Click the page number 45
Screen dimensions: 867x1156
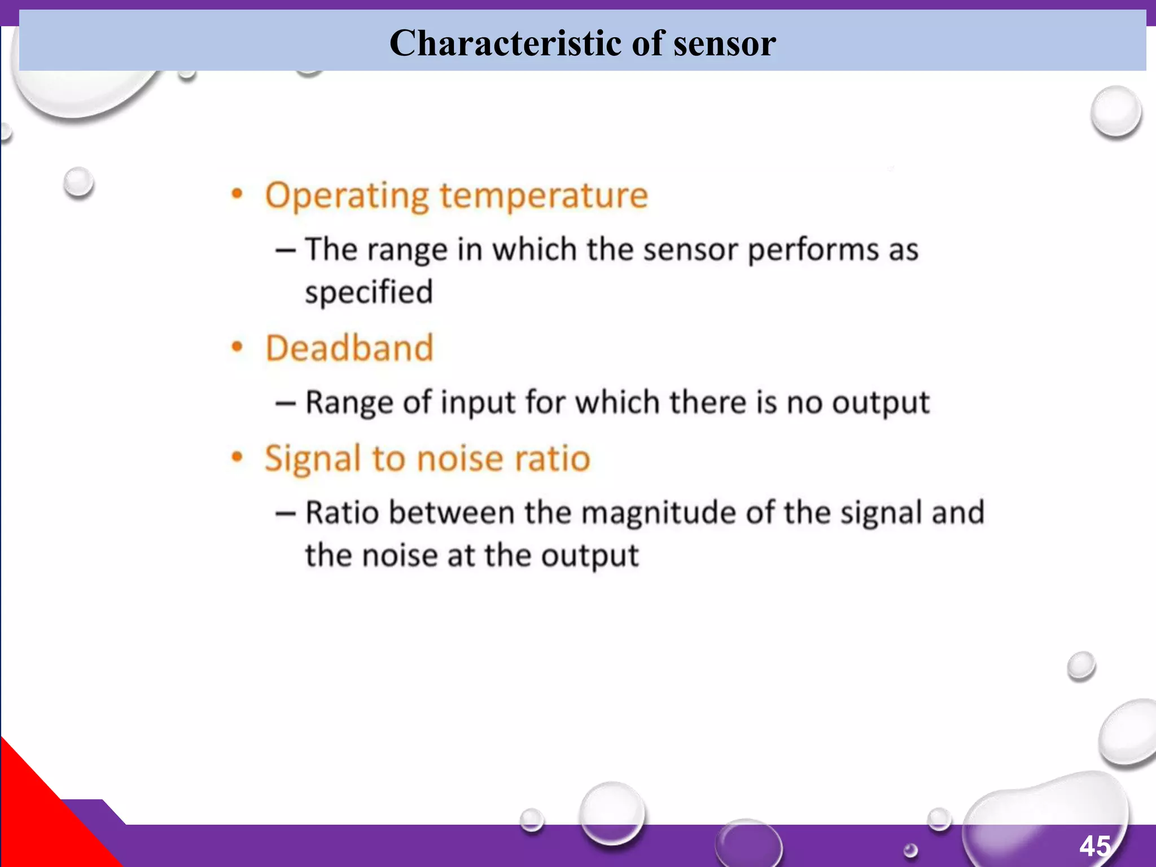(1095, 846)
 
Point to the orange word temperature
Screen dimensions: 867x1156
(544, 196)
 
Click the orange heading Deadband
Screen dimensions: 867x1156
(349, 348)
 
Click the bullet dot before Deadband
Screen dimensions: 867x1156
(237, 347)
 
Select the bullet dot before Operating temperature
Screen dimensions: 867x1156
(237, 195)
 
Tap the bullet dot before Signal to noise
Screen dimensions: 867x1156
(237, 457)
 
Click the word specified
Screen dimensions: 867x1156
(369, 292)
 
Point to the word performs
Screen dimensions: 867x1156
(813, 250)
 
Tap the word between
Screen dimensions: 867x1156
(452, 513)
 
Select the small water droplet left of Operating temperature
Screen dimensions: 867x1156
(78, 182)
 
